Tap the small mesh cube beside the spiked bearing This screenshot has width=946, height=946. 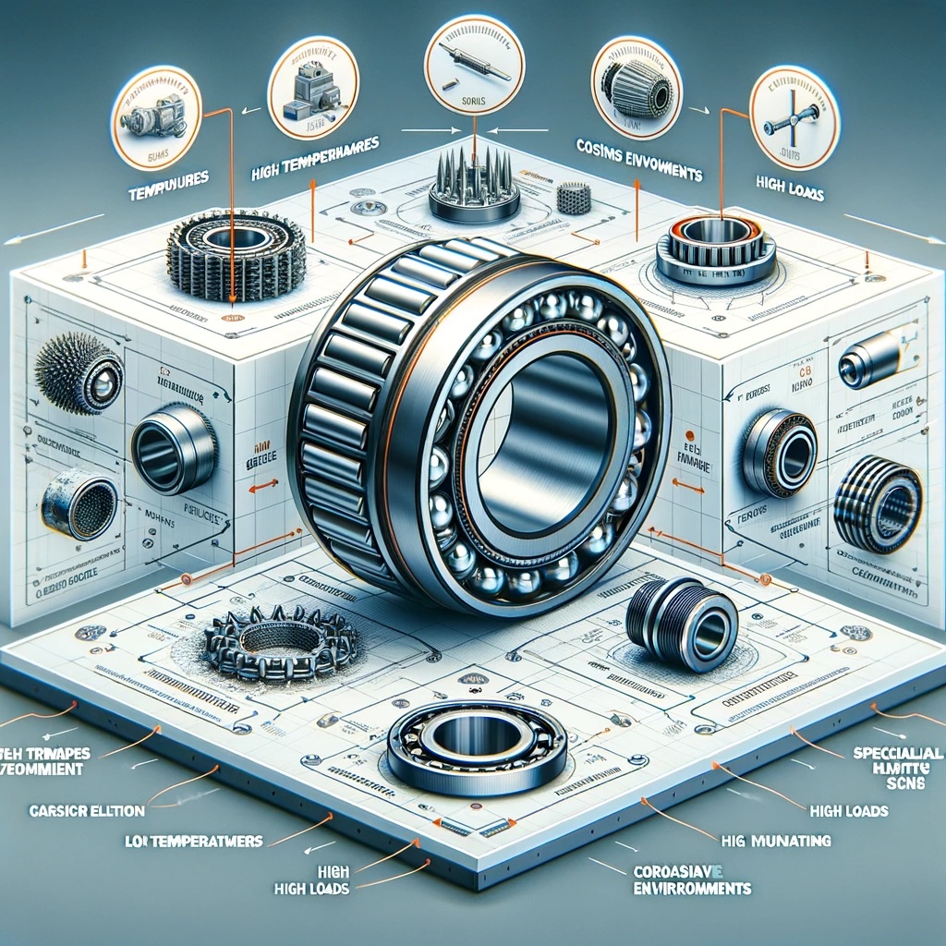pos(573,198)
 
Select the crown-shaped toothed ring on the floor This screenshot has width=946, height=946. pos(281,637)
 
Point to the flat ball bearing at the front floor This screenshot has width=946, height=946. pos(477,739)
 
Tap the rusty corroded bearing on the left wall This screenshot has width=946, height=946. pos(79,503)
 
